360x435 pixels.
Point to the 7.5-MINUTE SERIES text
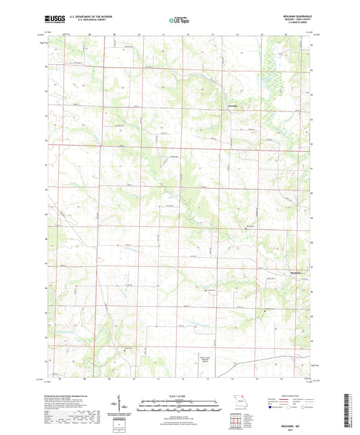click(301, 26)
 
